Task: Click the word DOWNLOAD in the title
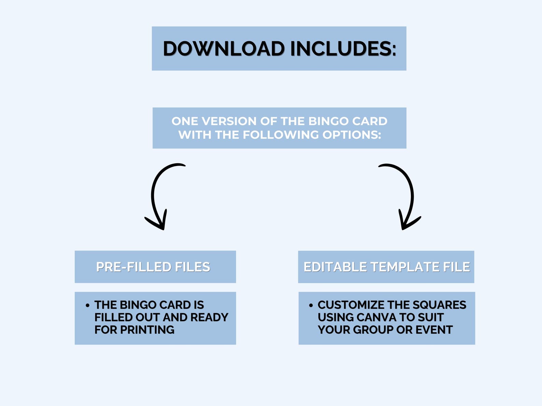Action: [224, 48]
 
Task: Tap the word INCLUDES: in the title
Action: [343, 48]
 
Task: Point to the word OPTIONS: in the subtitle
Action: [352, 135]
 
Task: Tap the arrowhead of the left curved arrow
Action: [158, 221]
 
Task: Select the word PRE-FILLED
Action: [133, 267]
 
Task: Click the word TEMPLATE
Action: [405, 267]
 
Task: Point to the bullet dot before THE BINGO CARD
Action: [87, 305]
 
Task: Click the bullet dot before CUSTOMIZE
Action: [311, 305]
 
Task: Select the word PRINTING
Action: [147, 330]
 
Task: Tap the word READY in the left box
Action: [209, 317]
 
